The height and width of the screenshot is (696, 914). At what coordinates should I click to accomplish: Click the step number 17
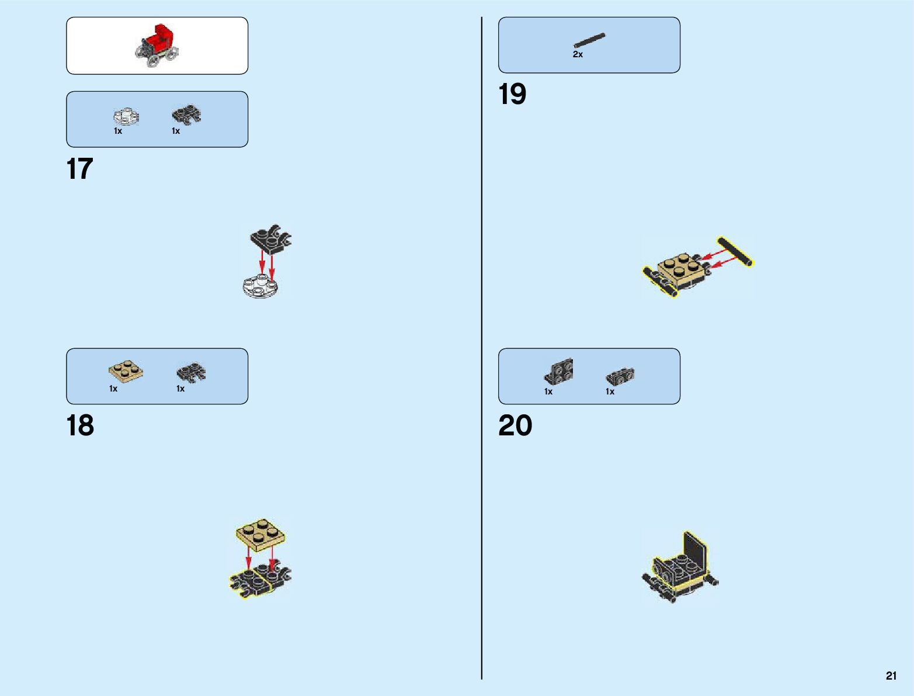point(80,169)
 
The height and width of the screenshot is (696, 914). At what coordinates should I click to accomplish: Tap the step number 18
point(80,425)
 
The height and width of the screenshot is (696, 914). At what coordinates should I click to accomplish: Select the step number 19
point(512,94)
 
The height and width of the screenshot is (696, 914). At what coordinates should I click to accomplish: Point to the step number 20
point(515,425)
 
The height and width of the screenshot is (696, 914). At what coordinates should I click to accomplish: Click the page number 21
point(891,676)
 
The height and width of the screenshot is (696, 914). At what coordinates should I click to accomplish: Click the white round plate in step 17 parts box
point(126,116)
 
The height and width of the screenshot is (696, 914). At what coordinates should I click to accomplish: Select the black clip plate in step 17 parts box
point(186,115)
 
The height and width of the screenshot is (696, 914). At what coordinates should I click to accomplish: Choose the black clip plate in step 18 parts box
point(190,372)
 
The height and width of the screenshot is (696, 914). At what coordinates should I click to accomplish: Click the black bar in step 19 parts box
point(589,40)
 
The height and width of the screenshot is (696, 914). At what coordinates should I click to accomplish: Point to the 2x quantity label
point(578,54)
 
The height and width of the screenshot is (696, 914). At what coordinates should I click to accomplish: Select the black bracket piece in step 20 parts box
point(559,372)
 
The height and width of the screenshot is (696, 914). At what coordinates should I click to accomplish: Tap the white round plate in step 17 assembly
point(260,287)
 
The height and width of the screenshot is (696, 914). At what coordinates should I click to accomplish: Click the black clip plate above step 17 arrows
point(270,238)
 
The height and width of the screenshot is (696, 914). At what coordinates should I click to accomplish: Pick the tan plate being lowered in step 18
point(260,534)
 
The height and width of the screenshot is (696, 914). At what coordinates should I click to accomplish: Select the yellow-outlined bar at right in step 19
point(735,252)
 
